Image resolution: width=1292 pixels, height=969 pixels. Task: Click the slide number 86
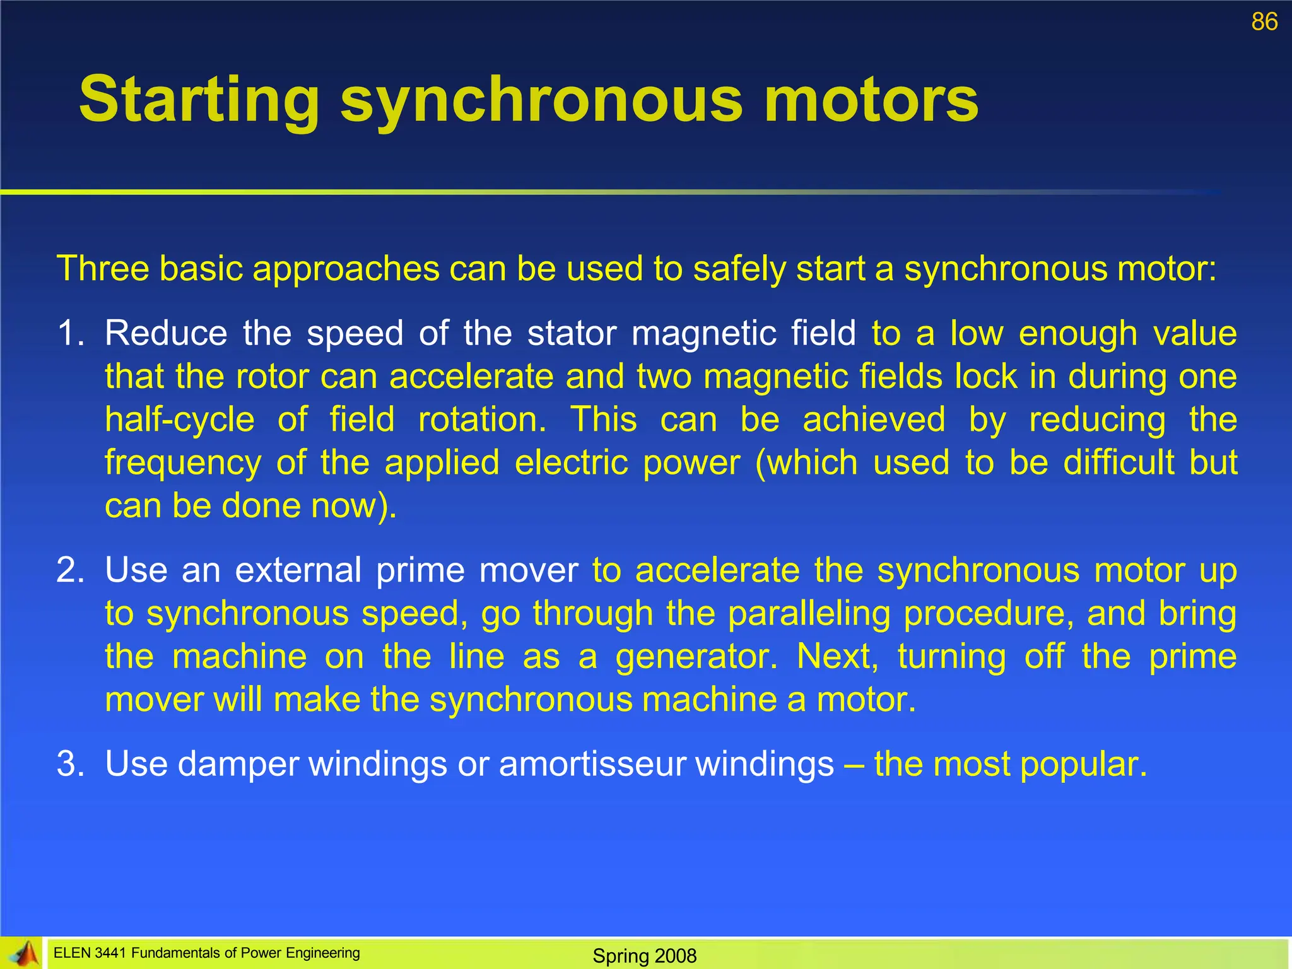point(1264,22)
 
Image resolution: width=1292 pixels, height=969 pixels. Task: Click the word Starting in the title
point(199,100)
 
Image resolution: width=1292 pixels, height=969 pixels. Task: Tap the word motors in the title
point(871,100)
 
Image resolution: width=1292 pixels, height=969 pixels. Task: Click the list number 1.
point(70,332)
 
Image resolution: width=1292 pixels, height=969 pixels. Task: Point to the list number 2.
point(70,570)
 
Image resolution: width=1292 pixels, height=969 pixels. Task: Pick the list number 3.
point(70,763)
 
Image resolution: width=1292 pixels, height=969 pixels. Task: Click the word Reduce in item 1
point(166,332)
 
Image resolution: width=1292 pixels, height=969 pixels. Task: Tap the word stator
point(572,332)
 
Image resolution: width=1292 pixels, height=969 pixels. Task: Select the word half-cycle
point(180,420)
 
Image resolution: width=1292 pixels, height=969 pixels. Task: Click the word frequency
point(183,463)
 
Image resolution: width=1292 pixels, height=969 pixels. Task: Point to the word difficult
point(1119,462)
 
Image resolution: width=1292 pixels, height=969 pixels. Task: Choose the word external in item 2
point(298,570)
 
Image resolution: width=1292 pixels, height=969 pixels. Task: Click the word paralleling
point(808,613)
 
